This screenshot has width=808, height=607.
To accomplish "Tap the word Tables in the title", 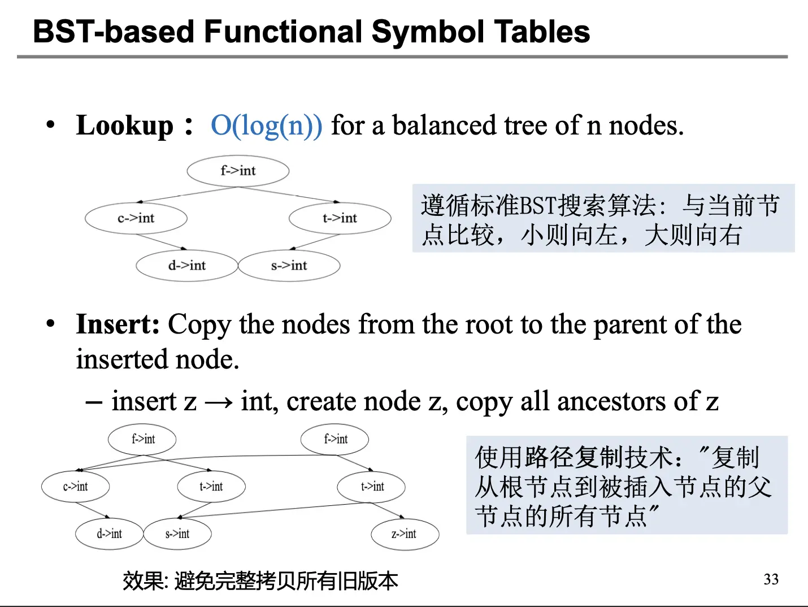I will pos(542,32).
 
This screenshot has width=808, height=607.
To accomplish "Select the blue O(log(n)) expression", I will pos(266,125).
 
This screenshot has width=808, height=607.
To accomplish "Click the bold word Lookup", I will pos(125,125).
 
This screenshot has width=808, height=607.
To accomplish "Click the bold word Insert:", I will pos(118,324).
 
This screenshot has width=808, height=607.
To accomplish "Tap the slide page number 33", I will pos(771,579).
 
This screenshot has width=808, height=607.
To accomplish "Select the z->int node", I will pos(405,534).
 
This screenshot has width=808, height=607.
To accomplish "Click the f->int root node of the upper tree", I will pos(238,171).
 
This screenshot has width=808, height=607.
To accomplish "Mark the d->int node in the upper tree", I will pos(187,266).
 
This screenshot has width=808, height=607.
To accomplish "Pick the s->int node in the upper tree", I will pos(289,266).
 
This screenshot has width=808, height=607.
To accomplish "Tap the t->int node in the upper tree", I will pos(340,218).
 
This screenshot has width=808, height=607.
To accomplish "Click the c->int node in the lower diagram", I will pos(75,487).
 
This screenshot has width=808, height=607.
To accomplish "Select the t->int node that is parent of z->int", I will pos(371,487).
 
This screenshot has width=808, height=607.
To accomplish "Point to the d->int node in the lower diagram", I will pos(109,534).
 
